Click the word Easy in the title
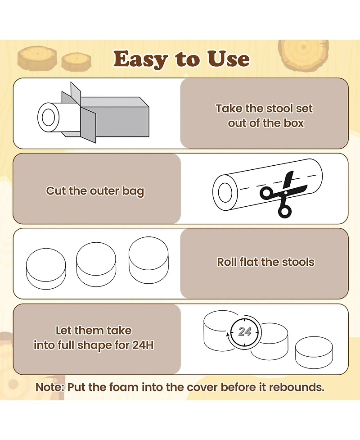[x=140, y=59]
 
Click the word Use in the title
[x=228, y=59]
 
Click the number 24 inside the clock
[x=245, y=331]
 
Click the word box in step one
[x=293, y=123]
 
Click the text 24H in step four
[x=143, y=345]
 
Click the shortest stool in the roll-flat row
[x=46, y=268]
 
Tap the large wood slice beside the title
[x=303, y=55]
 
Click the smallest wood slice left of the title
[x=76, y=62]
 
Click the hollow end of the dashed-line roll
[x=225, y=192]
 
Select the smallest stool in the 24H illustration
[x=314, y=353]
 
